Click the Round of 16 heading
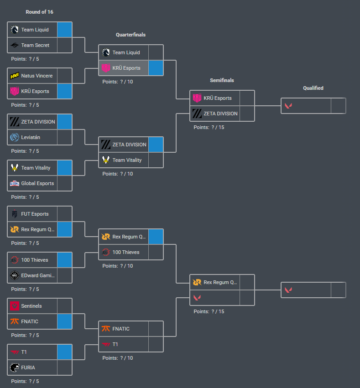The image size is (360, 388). click(x=39, y=12)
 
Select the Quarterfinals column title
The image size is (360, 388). click(x=131, y=35)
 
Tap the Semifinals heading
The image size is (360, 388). click(x=222, y=80)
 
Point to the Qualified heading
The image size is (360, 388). click(x=313, y=88)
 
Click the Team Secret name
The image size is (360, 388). click(x=35, y=45)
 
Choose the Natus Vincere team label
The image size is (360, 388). click(x=37, y=76)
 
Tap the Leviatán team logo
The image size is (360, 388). click(x=15, y=137)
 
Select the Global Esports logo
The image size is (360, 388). click(x=15, y=183)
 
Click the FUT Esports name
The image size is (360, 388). click(x=35, y=214)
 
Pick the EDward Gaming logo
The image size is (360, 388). click(x=15, y=275)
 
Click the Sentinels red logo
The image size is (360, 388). click(x=15, y=306)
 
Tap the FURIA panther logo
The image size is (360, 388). click(x=15, y=367)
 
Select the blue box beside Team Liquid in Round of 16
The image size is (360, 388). click(x=65, y=30)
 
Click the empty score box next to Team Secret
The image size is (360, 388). click(x=65, y=45)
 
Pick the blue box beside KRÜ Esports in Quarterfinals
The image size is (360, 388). click(x=156, y=68)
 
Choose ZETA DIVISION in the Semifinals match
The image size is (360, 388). click(x=220, y=114)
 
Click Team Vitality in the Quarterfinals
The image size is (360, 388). click(x=127, y=160)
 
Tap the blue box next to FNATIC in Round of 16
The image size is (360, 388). click(x=65, y=321)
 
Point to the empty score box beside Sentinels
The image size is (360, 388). click(x=65, y=306)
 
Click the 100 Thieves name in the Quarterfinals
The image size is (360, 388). click(x=126, y=252)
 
